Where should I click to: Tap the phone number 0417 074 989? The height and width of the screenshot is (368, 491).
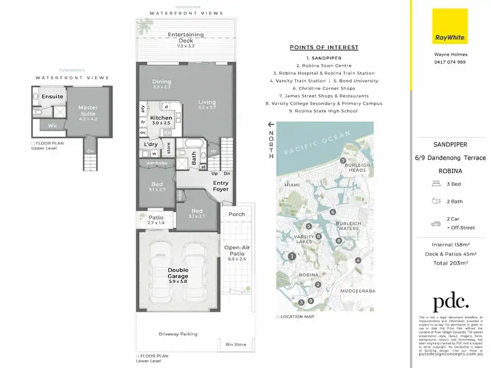450,62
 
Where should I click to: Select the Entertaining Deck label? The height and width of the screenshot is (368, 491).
185,37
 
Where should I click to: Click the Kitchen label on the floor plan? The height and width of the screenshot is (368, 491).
160,119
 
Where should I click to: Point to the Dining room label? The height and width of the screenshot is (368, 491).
161,83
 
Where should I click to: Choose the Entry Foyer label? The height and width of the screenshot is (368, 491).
221,186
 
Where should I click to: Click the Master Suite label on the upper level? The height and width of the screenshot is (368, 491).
88,111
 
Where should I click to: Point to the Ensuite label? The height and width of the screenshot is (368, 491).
52,97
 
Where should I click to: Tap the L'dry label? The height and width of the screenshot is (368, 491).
151,144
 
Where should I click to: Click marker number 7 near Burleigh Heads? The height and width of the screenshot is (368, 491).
342,160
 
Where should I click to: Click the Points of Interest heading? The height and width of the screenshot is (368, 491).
324,47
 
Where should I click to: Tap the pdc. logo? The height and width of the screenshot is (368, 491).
450,302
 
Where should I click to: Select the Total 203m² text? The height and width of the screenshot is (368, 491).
450,263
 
